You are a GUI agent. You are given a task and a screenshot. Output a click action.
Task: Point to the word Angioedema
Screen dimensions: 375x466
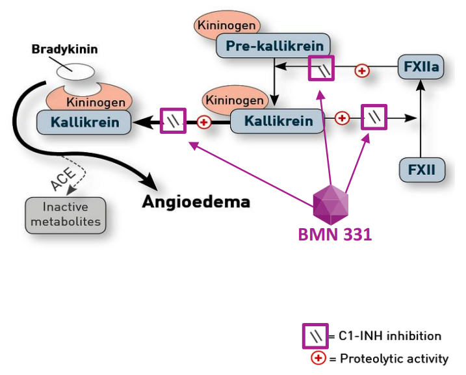tap(196, 201)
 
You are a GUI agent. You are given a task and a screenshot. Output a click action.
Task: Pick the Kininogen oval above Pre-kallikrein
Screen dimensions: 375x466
tap(227, 26)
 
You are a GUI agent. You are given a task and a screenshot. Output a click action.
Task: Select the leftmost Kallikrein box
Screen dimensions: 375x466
tap(84, 122)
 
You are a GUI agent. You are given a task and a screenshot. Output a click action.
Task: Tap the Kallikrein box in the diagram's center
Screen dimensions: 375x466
tap(278, 120)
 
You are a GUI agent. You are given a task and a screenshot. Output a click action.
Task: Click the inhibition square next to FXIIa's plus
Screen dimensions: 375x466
tap(321, 68)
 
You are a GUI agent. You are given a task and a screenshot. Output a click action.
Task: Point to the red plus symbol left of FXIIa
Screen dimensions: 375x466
tap(362, 70)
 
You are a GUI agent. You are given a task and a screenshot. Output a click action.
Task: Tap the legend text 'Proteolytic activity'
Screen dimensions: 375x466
tap(393, 358)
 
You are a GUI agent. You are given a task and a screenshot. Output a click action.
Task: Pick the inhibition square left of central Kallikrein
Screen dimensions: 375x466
tap(174, 121)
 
